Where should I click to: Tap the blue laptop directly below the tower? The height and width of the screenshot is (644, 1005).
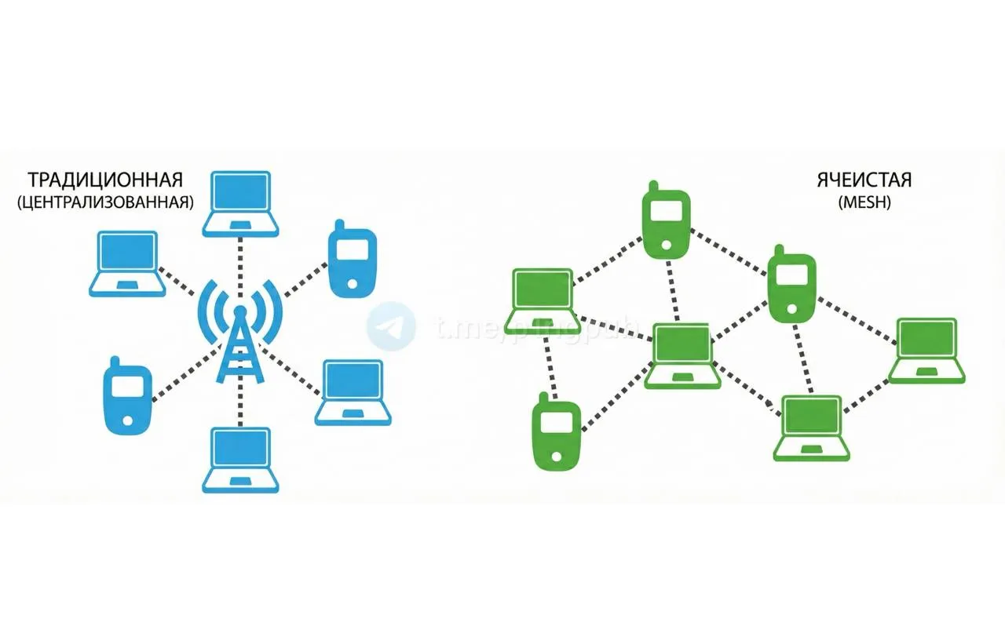pyautogui.click(x=240, y=460)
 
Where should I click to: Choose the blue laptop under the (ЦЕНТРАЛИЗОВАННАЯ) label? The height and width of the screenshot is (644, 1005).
pyautogui.click(x=127, y=264)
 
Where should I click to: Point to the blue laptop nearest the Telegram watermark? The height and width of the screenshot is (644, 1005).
pyautogui.click(x=353, y=392)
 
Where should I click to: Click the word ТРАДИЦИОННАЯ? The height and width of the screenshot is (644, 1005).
pyautogui.click(x=104, y=180)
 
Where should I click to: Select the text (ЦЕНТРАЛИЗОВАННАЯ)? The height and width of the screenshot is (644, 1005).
pyautogui.click(x=104, y=202)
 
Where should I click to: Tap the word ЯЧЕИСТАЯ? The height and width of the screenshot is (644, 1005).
pyautogui.click(x=864, y=180)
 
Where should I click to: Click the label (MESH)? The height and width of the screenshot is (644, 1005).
pyautogui.click(x=864, y=202)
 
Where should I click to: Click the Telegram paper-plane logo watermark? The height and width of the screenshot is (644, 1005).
pyautogui.click(x=391, y=327)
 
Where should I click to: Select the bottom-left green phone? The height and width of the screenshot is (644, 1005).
pyautogui.click(x=556, y=435)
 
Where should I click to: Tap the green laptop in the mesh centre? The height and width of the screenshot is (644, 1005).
pyautogui.click(x=682, y=355)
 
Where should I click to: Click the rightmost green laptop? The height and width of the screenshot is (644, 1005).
pyautogui.click(x=927, y=350)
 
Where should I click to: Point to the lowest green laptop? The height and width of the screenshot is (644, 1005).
pyautogui.click(x=813, y=428)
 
